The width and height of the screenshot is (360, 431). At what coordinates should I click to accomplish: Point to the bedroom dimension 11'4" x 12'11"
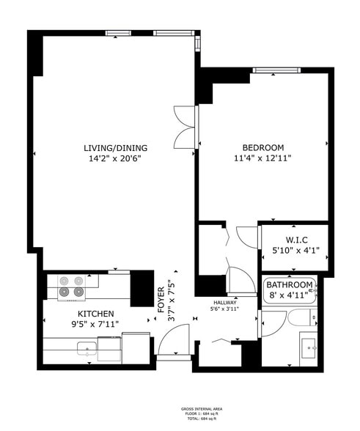[x=263, y=158]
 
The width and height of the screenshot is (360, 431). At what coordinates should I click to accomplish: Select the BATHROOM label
[x=290, y=285]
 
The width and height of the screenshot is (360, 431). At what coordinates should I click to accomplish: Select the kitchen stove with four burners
[x=70, y=286]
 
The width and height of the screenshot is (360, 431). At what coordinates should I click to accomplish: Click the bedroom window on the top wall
[x=275, y=70]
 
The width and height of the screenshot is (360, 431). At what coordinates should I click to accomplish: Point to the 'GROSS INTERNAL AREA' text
[x=202, y=410]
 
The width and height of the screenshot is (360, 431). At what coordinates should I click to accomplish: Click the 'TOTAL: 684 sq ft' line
[x=202, y=419]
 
